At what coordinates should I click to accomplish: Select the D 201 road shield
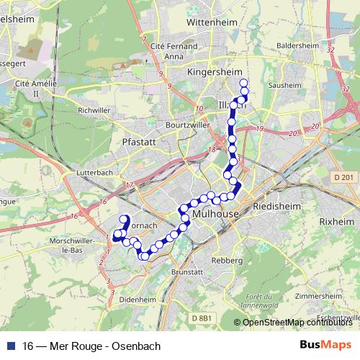coord(343,177)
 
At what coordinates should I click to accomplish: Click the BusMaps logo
coord(325,346)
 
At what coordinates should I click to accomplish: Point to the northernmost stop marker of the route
coord(243,82)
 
